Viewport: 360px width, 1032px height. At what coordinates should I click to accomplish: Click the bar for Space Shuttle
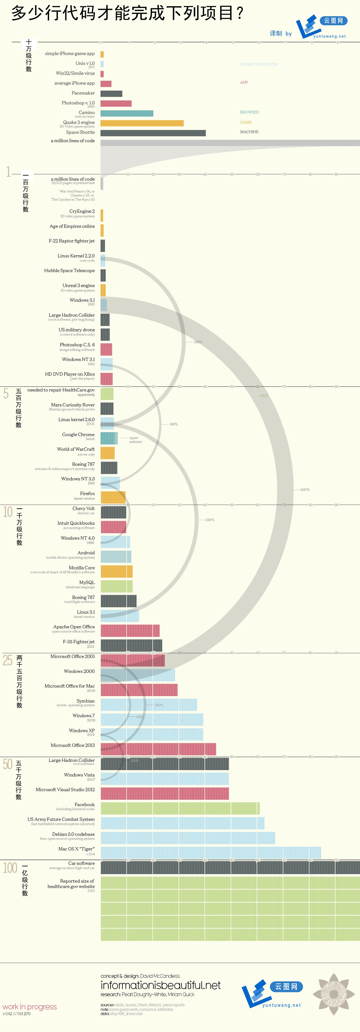click(x=153, y=133)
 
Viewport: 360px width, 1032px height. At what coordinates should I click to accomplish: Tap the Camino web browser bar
click(x=127, y=113)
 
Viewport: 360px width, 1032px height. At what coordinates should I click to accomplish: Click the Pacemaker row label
click(x=83, y=93)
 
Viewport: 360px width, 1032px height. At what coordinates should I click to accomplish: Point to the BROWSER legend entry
click(x=249, y=112)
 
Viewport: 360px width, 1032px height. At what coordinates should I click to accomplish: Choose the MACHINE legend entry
click(x=249, y=132)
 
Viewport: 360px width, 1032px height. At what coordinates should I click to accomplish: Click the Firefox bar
click(x=113, y=497)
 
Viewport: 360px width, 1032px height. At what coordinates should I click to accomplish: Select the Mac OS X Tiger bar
click(x=211, y=852)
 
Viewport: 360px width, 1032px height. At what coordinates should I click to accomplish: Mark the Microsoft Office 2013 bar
click(x=158, y=749)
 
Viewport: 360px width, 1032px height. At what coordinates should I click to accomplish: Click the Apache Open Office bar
click(x=130, y=630)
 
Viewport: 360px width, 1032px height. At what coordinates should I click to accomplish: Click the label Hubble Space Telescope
click(x=69, y=270)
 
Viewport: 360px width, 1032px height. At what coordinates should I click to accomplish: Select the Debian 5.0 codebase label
click(x=73, y=834)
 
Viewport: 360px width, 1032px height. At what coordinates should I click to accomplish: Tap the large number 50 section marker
click(x=8, y=764)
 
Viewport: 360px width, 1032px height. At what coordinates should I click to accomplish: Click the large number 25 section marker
click(x=8, y=660)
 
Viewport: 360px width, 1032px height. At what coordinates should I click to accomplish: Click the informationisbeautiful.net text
click(x=161, y=985)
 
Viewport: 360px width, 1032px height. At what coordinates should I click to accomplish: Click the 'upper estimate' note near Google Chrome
click(x=135, y=440)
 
